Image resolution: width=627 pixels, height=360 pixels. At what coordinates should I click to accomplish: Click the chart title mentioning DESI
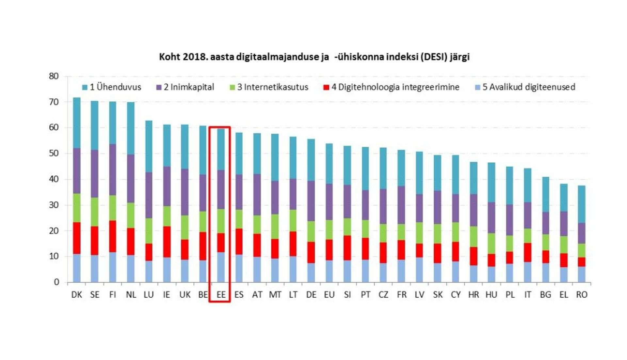314,57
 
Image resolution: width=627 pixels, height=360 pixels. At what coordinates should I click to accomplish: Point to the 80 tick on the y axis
54,76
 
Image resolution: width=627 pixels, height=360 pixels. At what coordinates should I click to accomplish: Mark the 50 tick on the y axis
54,154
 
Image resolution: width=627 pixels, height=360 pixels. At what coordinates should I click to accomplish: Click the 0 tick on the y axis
56,282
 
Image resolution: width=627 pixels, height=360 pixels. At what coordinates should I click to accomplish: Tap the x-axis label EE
221,295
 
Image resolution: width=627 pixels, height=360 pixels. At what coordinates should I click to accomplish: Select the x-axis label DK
77,295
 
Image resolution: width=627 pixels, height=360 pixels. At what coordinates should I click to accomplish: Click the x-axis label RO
582,295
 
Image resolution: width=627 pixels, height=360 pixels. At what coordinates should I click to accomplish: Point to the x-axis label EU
329,295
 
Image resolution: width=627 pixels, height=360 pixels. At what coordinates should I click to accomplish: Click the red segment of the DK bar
77,238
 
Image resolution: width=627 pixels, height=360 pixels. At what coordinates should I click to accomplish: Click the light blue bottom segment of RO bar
582,274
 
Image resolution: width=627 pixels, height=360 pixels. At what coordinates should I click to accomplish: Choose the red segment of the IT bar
528,252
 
